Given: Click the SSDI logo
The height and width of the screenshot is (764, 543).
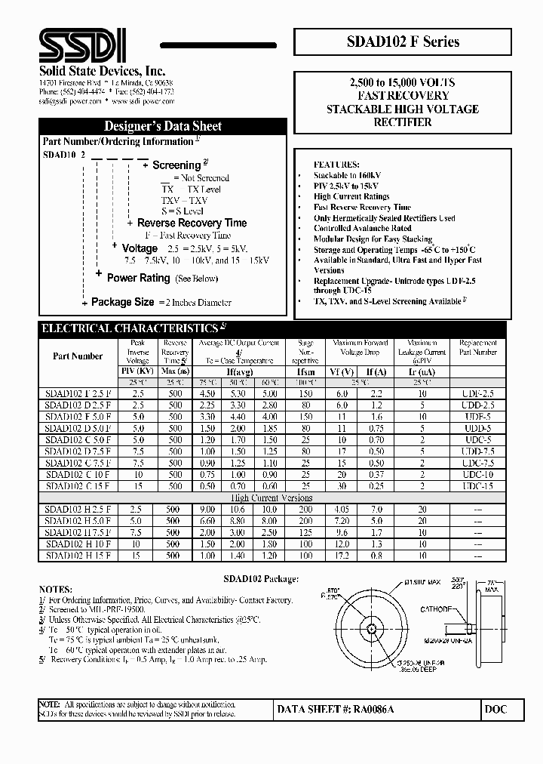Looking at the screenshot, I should tap(83, 45).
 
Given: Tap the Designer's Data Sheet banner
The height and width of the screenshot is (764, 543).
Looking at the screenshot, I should tap(162, 126).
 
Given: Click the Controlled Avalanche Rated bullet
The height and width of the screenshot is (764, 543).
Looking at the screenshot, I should tap(363, 228).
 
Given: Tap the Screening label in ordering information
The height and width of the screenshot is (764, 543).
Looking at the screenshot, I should tap(176, 165).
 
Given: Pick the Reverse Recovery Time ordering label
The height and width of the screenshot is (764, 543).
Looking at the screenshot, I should tap(192, 223).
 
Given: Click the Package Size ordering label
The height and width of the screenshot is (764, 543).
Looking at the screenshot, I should tap(122, 302).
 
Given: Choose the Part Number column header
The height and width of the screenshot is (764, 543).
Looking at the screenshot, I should tap(78, 356).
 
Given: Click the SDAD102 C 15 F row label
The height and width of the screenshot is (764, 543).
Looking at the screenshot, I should tap(78, 487).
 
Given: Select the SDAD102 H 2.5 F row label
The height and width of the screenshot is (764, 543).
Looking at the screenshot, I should tap(78, 510).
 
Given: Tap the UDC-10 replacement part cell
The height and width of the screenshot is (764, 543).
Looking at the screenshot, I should tap(477, 476).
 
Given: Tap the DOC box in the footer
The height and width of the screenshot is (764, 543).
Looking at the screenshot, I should tap(495, 710).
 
